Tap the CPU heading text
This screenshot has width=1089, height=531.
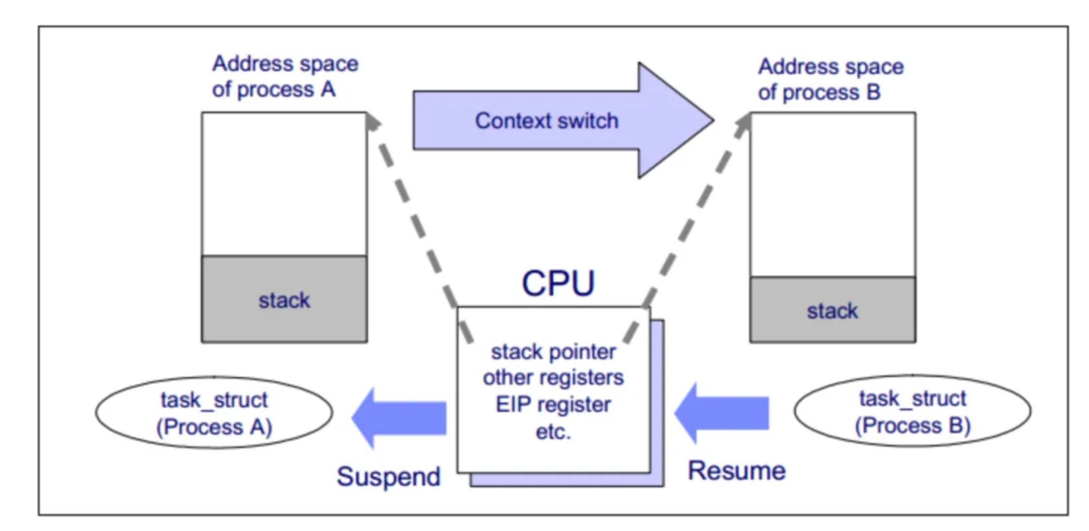(x=558, y=284)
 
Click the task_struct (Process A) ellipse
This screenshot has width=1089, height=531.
(x=214, y=413)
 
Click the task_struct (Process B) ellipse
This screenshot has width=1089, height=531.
(x=912, y=411)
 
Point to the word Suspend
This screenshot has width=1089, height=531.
(x=389, y=477)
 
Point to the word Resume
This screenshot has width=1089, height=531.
(x=736, y=471)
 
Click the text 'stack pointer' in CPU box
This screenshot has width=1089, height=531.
(x=553, y=352)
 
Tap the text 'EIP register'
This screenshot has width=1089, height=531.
(x=553, y=405)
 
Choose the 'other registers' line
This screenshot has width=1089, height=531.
(x=553, y=378)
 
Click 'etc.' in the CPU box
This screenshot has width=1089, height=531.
(x=553, y=432)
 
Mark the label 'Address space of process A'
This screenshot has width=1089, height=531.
(x=285, y=76)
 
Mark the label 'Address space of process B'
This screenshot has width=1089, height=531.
(x=831, y=79)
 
